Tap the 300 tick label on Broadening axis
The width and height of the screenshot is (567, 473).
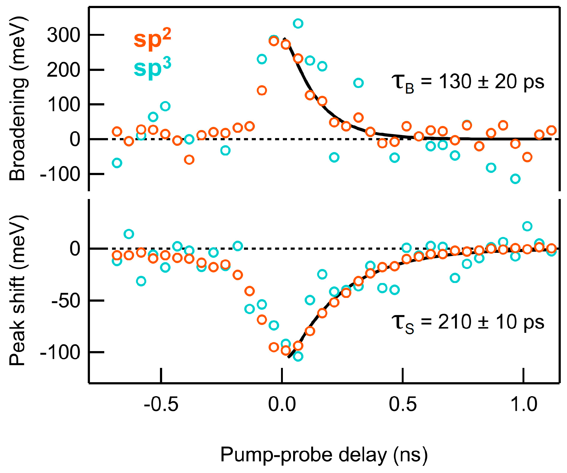(63, 35)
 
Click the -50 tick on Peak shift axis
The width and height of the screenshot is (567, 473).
(65, 301)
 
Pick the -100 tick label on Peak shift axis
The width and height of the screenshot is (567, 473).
(60, 352)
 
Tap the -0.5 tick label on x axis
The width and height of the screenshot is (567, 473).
(161, 405)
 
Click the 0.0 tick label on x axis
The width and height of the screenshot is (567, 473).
(282, 405)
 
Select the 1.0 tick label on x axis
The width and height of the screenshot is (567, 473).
(524, 405)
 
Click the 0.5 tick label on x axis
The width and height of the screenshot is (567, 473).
(403, 405)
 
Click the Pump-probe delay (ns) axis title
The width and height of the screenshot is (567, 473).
(324, 455)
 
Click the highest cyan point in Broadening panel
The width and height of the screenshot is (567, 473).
(298, 24)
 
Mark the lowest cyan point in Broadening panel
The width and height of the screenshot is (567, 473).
(515, 179)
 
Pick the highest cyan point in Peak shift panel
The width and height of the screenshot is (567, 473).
(527, 226)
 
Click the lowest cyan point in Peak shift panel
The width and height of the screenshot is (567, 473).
(298, 356)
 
